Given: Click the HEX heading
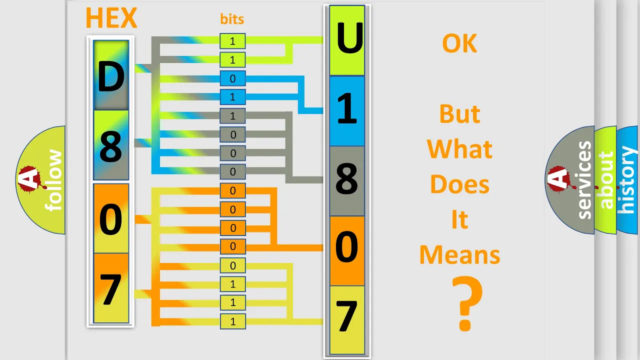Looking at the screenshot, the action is pos(111,18).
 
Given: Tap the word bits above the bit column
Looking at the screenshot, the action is pos(232,19).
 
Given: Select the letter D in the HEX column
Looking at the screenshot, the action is pos(111,76).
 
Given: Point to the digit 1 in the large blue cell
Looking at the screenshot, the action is pos(347,108).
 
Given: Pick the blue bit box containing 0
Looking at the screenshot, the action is pos(232,78).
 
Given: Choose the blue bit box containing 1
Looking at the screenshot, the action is pos(232,97).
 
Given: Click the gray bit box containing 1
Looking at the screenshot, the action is pos(232,115).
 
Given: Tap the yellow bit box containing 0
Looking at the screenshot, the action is pos(233,265).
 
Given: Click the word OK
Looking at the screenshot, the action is pos(459,43).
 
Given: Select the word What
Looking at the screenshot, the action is pos(459,149).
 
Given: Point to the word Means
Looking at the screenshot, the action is pos(459,254).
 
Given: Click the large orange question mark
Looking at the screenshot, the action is pos(467,303).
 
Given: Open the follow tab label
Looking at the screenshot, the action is pos(53,180).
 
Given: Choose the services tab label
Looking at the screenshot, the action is pos(584,180).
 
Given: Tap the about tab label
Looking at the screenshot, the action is pos(606,180).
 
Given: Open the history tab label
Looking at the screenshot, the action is pos(627,180).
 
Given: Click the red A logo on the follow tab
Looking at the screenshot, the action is pos(30,179).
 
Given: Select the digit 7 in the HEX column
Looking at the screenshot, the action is pos(111,289).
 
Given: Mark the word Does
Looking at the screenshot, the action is pos(459,184).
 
